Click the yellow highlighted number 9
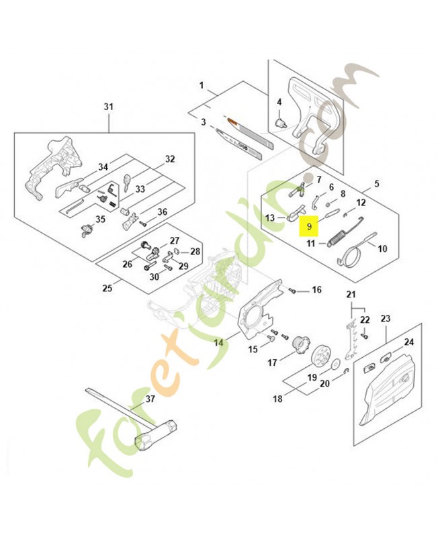309,226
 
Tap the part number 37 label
150,399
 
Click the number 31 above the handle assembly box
108,107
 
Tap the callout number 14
218,342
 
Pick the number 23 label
386,318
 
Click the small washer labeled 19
335,362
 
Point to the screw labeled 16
292,291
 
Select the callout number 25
107,287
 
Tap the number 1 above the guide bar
202,85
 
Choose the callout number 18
277,398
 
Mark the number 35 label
100,219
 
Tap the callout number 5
377,183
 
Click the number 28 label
195,251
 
